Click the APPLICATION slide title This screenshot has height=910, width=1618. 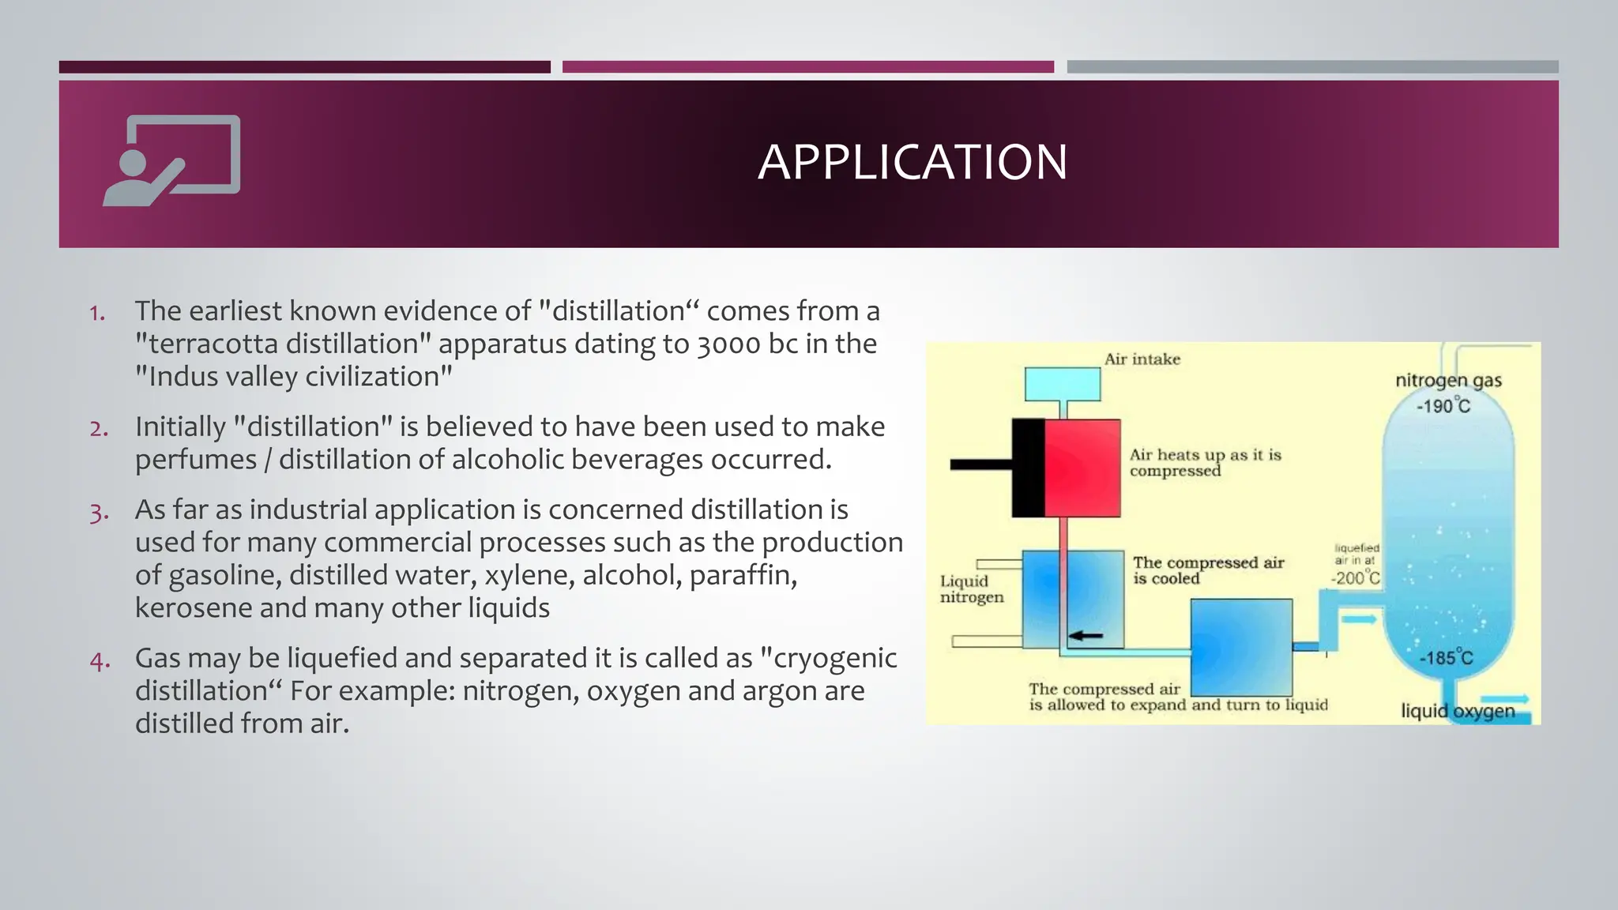(912, 162)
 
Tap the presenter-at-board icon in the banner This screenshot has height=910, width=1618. (171, 160)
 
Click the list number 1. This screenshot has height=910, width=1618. (97, 313)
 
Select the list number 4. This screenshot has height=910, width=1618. (100, 660)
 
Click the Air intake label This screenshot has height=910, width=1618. (1142, 359)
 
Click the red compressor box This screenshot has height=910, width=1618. (1082, 468)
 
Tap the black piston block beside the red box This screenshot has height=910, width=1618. (1028, 468)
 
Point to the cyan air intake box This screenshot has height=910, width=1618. (1062, 385)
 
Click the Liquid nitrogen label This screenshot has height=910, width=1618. (971, 589)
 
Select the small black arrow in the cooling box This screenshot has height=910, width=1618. (1086, 635)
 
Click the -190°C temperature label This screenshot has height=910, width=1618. (1443, 407)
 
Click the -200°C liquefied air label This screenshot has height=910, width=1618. (1356, 577)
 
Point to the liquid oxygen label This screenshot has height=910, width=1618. (1457, 711)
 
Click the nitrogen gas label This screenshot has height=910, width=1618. (1447, 381)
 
